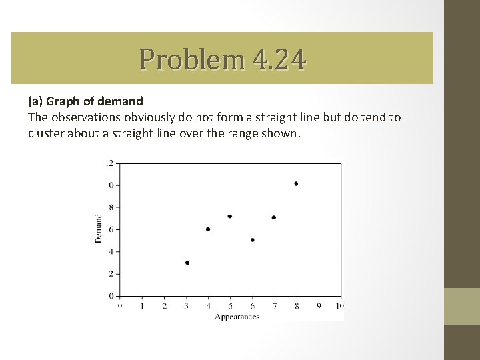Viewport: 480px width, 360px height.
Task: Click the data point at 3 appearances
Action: (187, 263)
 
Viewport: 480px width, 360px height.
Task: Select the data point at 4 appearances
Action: (208, 229)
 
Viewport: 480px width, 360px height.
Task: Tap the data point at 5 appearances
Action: (230, 216)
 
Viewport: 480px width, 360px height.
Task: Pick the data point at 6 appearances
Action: (252, 240)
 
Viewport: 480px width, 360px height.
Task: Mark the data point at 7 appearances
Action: (274, 217)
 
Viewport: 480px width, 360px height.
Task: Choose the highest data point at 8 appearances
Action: (296, 183)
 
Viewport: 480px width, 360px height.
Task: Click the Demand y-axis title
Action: (99, 228)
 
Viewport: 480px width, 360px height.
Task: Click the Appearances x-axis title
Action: (237, 317)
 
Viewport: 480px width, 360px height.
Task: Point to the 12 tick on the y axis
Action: (110, 163)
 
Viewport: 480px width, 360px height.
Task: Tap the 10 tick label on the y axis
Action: (110, 185)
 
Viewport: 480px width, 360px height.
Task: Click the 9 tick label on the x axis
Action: (319, 306)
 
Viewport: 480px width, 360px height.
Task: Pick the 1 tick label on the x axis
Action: (142, 306)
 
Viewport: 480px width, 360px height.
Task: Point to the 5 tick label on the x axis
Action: (231, 306)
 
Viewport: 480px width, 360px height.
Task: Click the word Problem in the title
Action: (192, 60)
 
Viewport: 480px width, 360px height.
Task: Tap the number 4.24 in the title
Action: (279, 60)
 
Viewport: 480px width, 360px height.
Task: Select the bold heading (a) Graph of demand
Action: (85, 101)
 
